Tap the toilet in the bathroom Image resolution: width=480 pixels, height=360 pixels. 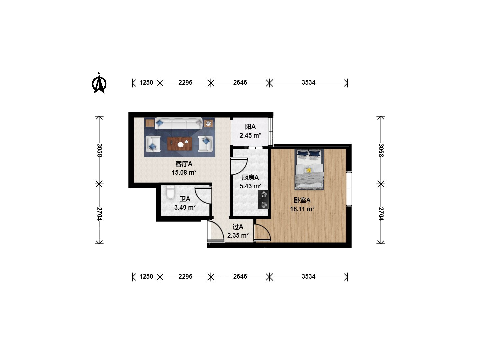tap(170, 192)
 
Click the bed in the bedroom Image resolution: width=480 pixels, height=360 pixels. tap(309, 169)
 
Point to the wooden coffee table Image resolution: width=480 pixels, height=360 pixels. tap(180, 144)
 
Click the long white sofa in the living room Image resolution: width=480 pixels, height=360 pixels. tap(179, 123)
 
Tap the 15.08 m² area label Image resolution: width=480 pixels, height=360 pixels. tap(184, 172)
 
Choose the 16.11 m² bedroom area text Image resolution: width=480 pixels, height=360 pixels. tap(302, 209)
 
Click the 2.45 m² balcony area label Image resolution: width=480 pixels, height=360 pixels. tap(250, 136)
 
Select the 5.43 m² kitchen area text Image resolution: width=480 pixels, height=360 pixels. tap(250, 186)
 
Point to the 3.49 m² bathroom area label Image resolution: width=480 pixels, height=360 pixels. tap(185, 207)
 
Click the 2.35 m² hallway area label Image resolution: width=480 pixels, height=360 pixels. tap(238, 235)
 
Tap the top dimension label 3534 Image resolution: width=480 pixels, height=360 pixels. tap(309, 82)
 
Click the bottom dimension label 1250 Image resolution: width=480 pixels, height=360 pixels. tap(146, 277)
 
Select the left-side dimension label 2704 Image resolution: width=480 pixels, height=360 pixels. tap(99, 214)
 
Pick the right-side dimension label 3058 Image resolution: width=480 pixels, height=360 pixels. tap(381, 150)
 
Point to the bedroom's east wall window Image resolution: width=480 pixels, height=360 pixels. tap(349, 189)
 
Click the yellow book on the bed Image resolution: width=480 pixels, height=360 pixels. tap(308, 170)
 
